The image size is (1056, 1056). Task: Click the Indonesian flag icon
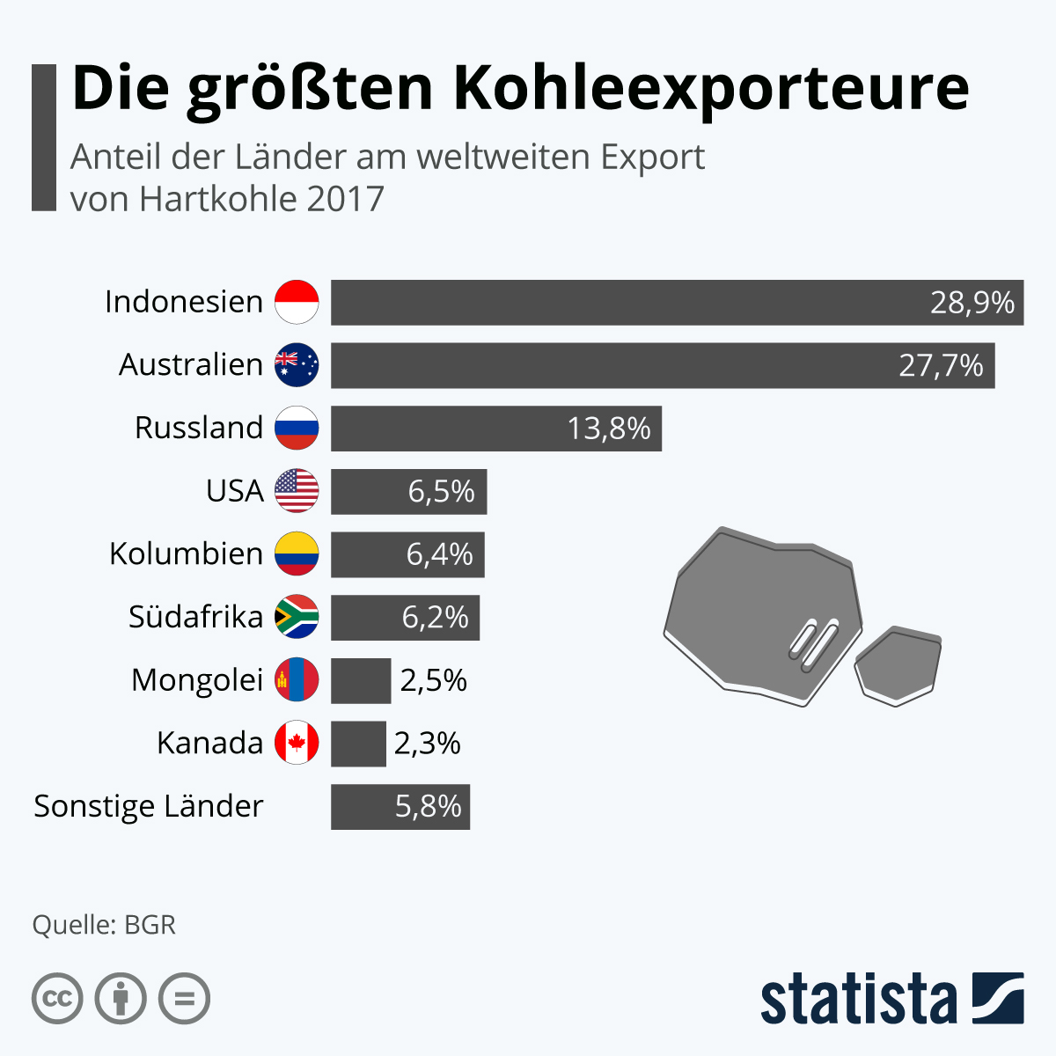point(297,302)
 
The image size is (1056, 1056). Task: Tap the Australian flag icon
point(297,365)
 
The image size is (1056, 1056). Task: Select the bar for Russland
point(495,429)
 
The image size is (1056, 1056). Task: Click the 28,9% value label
point(972,303)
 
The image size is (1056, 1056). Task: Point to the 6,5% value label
point(441,491)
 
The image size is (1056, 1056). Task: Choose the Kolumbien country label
point(186,554)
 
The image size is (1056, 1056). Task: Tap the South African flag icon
point(297,617)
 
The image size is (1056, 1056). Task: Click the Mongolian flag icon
point(297,680)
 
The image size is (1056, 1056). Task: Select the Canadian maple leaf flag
point(297,744)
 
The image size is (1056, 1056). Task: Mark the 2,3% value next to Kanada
point(428,744)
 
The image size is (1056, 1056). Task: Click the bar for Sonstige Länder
point(400,807)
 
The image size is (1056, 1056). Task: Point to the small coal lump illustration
point(898,665)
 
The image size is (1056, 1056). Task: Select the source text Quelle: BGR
point(104,925)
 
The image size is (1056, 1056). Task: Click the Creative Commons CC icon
point(57,999)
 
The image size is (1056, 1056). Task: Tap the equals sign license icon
point(185,999)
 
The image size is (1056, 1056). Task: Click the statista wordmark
point(858,999)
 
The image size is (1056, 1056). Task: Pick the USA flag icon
point(297,491)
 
